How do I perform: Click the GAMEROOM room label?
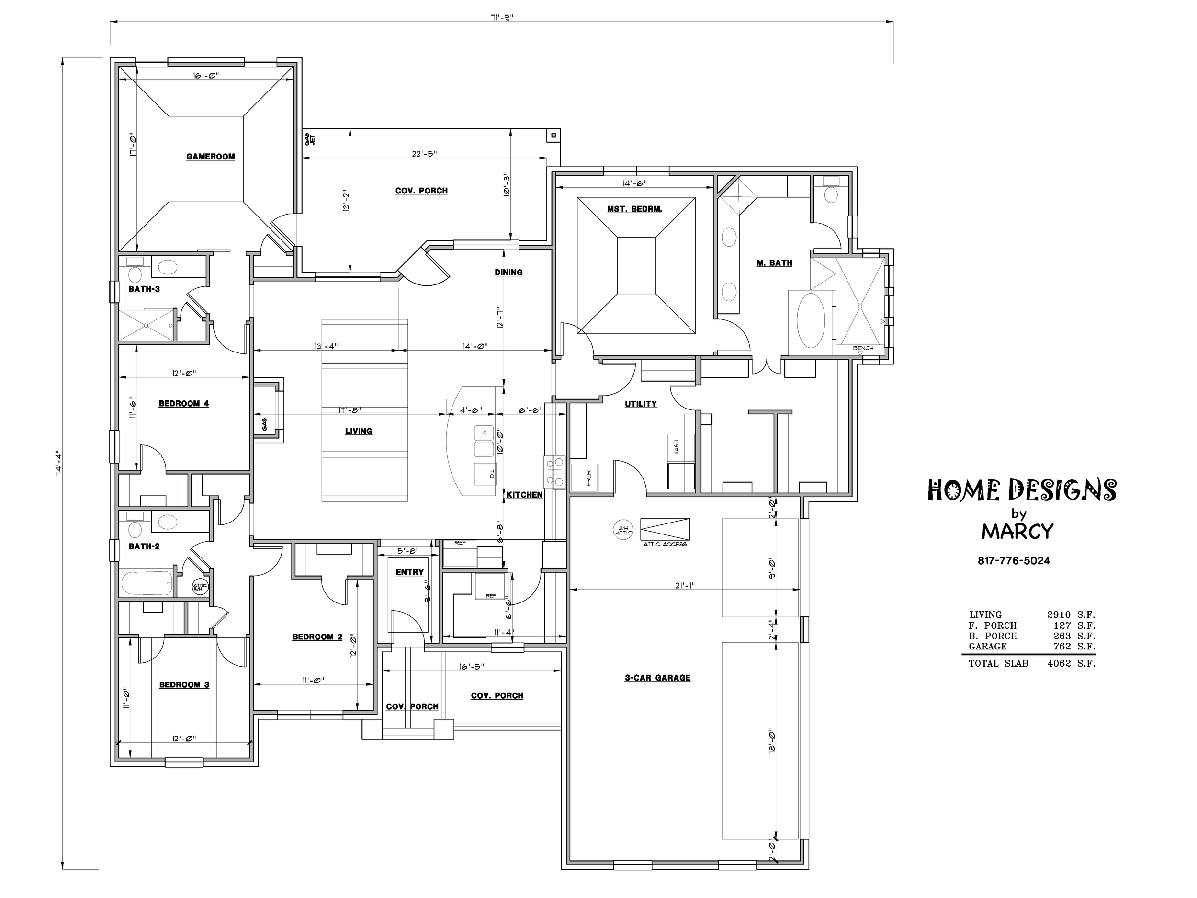coord(211,157)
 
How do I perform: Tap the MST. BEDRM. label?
coord(634,209)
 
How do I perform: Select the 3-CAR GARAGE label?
coord(657,678)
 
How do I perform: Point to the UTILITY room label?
coord(641,404)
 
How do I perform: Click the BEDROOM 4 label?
coord(184,404)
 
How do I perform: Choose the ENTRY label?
coord(410,572)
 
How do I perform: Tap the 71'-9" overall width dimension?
coord(502,17)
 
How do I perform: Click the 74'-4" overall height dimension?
coord(59,463)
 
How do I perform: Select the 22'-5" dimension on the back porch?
coord(424,154)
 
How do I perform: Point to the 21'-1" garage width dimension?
coord(685,585)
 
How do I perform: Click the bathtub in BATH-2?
coord(147,583)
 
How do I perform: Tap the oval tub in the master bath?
coord(810,320)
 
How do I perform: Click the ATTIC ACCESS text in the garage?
coord(665,544)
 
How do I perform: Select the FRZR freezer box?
coord(585,477)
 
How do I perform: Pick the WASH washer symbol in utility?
coord(681,447)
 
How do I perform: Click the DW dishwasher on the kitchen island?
coord(486,474)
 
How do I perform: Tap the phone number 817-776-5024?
coord(1014,561)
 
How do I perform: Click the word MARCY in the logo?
coord(1017,532)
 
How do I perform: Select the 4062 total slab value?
coord(1059,664)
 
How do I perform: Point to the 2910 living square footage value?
coord(1059,615)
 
